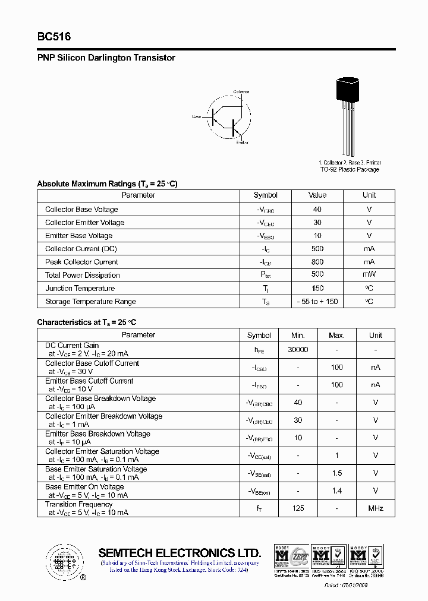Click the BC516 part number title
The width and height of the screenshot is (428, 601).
(54, 37)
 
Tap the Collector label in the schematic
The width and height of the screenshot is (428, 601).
(241, 92)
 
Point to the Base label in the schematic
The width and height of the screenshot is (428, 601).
(197, 117)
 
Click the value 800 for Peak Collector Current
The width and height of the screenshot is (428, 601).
(317, 262)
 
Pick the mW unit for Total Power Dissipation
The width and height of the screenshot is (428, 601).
(369, 275)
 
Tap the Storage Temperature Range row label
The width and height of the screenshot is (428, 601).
(90, 302)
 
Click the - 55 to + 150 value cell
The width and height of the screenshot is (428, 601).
(317, 302)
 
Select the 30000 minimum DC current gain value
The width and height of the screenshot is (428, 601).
(298, 350)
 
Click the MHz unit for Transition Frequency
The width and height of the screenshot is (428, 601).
(375, 508)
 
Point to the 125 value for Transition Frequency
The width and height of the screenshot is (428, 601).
(298, 508)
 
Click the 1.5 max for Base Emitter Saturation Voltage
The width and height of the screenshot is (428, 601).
(336, 473)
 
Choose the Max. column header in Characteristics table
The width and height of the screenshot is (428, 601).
(336, 335)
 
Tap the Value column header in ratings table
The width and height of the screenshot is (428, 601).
(317, 195)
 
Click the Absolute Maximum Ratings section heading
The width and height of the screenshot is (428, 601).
(107, 184)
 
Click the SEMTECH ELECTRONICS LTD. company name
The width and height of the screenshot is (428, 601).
(180, 552)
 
